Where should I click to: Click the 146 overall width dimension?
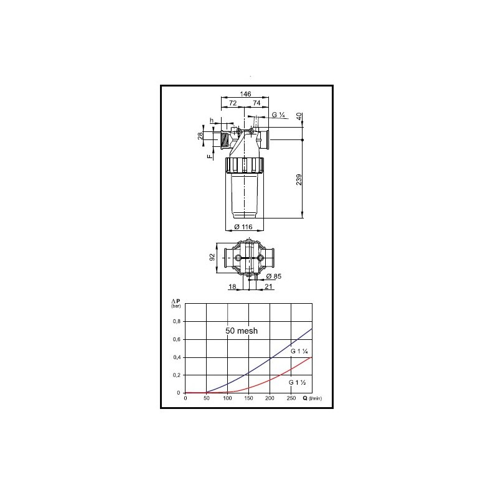(x=245, y=93)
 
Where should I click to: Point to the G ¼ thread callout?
(x=279, y=115)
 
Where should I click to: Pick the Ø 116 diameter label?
(x=243, y=227)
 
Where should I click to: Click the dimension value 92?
(x=212, y=257)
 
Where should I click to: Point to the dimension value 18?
(x=233, y=286)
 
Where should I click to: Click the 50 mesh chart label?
(x=242, y=331)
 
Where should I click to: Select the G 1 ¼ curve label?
(x=300, y=352)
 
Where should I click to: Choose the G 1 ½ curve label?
(x=297, y=381)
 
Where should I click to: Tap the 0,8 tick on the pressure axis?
(x=177, y=321)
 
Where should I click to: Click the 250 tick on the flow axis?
(x=291, y=398)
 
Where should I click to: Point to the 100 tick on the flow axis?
(x=227, y=398)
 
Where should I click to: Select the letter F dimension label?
(x=210, y=157)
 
